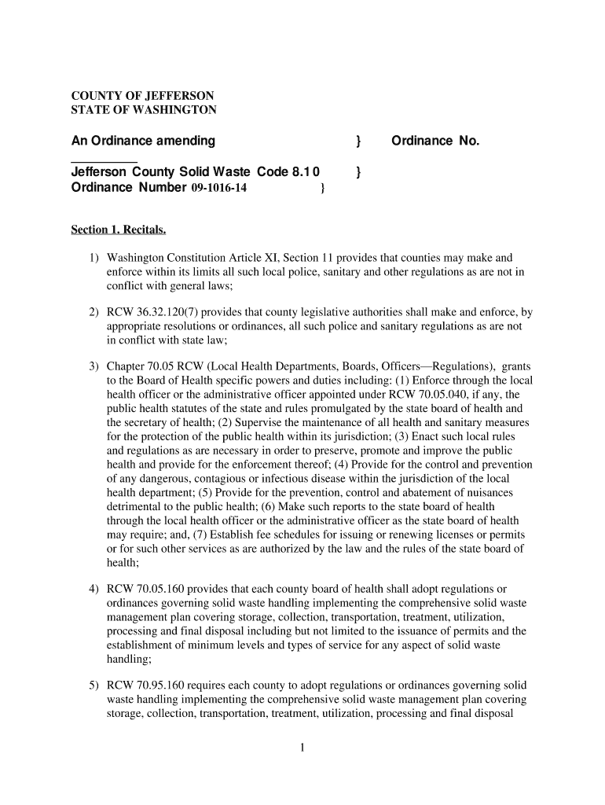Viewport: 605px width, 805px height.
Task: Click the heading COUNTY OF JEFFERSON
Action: [x=143, y=95]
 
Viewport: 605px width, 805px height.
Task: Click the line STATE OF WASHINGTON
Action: [x=144, y=109]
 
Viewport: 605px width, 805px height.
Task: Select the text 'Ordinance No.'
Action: [x=434, y=141]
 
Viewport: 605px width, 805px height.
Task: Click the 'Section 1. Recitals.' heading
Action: [x=119, y=230]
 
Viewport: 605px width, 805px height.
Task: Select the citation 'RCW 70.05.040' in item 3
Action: [x=442, y=394]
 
